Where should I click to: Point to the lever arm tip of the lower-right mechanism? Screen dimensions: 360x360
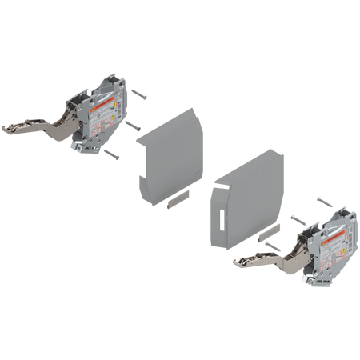tap(236, 261)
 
